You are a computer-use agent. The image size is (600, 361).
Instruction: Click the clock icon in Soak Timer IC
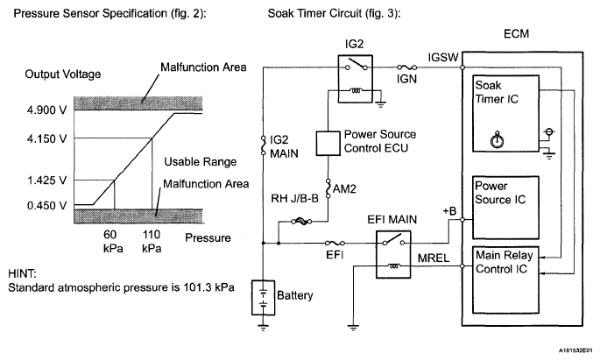[498, 138]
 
